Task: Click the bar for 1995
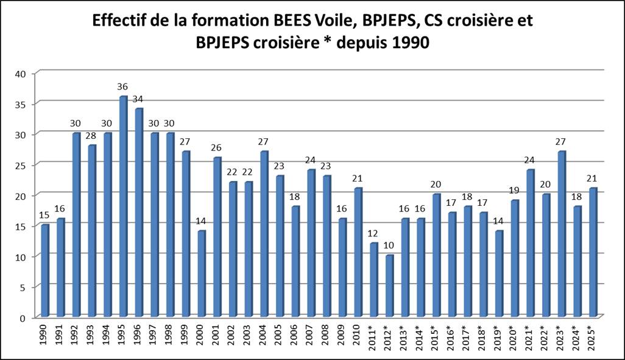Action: tap(122, 206)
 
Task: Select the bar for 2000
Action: tap(201, 274)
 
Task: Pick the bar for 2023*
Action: tap(561, 234)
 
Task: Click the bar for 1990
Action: tap(44, 271)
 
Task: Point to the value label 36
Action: tap(124, 86)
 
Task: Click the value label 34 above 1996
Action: tap(139, 99)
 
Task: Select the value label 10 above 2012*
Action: tap(389, 245)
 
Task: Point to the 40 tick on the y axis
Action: tap(23, 74)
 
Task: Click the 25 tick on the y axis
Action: tap(23, 165)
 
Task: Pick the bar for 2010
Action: tap(358, 253)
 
